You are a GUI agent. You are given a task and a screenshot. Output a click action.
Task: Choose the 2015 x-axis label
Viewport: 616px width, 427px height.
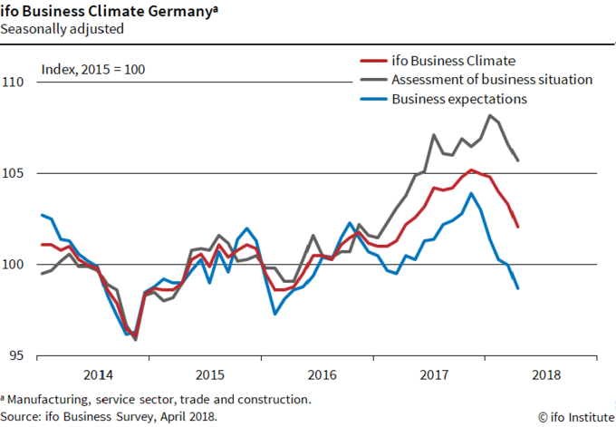pos(209,374)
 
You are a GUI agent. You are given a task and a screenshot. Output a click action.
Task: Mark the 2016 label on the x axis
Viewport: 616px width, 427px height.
pos(322,374)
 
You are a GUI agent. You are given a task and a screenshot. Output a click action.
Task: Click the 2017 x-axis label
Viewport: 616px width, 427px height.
pos(434,374)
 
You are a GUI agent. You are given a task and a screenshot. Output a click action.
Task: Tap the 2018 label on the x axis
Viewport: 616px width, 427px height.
pos(546,374)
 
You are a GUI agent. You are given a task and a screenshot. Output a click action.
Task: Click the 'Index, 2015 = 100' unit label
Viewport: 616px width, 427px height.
pos(93,70)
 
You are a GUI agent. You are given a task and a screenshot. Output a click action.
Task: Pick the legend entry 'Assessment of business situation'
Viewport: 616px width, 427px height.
pos(491,80)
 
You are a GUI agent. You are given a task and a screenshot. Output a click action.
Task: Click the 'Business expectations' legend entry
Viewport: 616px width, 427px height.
pos(458,99)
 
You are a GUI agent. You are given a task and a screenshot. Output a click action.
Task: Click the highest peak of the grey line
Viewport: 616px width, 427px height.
pos(490,115)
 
